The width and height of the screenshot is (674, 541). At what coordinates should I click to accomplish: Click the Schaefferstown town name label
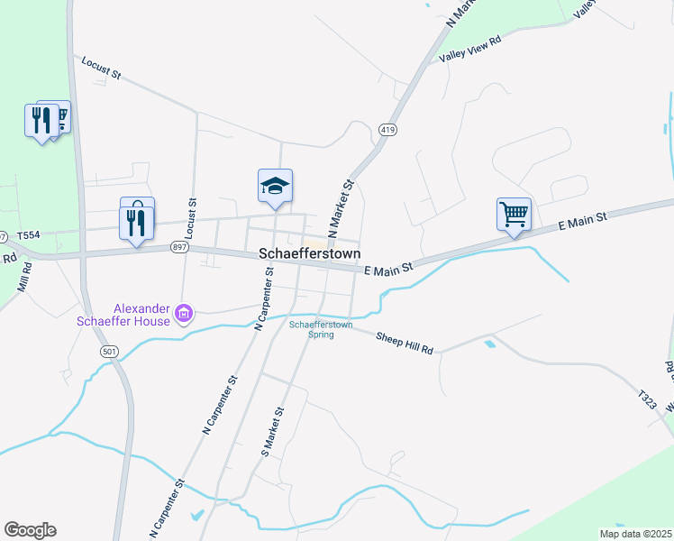click(x=310, y=254)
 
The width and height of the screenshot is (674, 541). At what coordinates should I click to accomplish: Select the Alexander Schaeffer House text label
click(x=142, y=315)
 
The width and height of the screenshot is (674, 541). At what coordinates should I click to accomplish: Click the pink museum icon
click(x=184, y=314)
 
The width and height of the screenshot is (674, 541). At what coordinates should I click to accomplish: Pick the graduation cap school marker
click(x=275, y=186)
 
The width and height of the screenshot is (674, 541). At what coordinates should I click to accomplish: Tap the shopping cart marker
click(x=514, y=215)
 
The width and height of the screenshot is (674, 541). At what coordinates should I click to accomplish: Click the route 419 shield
click(x=387, y=129)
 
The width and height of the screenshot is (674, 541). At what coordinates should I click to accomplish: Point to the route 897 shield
click(x=176, y=246)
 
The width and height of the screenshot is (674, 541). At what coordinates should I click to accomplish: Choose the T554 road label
click(x=28, y=234)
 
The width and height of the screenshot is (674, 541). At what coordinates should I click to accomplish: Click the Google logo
click(x=30, y=530)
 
